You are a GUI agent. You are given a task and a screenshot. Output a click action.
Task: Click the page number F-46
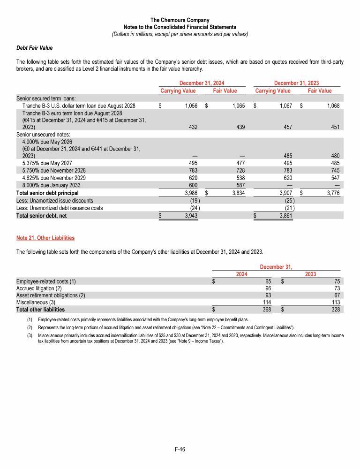(x=180, y=450)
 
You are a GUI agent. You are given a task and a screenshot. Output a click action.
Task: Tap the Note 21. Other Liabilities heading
(x=45, y=238)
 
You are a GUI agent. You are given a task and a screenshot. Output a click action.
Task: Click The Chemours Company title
(x=180, y=20)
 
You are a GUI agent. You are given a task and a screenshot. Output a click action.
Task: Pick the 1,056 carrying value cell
(x=190, y=106)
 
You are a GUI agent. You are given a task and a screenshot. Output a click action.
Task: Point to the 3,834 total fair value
(x=238, y=193)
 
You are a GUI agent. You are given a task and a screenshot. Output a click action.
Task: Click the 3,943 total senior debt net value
(x=190, y=215)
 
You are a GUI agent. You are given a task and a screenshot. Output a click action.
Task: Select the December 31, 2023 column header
(x=296, y=83)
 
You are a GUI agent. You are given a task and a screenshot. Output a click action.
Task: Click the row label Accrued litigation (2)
(x=39, y=288)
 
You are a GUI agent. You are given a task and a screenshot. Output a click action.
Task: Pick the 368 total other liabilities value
(x=267, y=310)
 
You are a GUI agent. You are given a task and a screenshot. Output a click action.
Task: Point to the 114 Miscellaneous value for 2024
(x=267, y=303)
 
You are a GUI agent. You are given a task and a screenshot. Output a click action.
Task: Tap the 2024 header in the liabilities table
(x=241, y=274)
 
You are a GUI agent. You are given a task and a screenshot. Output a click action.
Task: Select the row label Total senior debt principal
(x=47, y=193)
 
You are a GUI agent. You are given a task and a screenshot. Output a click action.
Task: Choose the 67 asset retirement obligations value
(x=336, y=295)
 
